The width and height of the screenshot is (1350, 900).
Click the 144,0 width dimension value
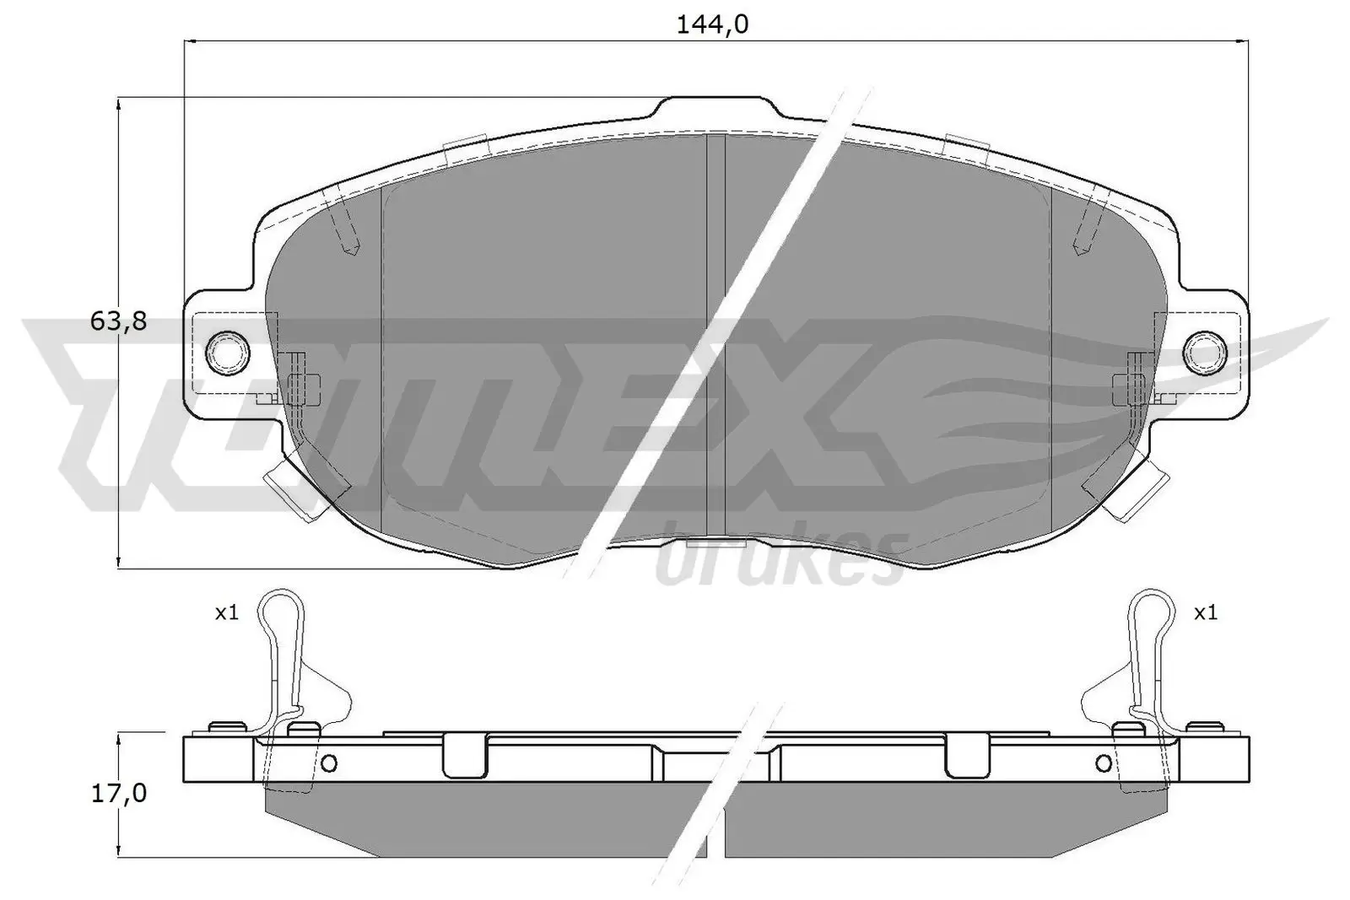(x=712, y=26)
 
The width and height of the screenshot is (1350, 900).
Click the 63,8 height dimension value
(x=118, y=321)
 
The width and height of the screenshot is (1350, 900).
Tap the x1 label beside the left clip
(x=226, y=613)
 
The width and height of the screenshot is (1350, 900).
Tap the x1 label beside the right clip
(x=1206, y=613)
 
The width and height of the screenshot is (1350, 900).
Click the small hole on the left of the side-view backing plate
(x=329, y=763)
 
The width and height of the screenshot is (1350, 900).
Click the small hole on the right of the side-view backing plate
(x=1104, y=763)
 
